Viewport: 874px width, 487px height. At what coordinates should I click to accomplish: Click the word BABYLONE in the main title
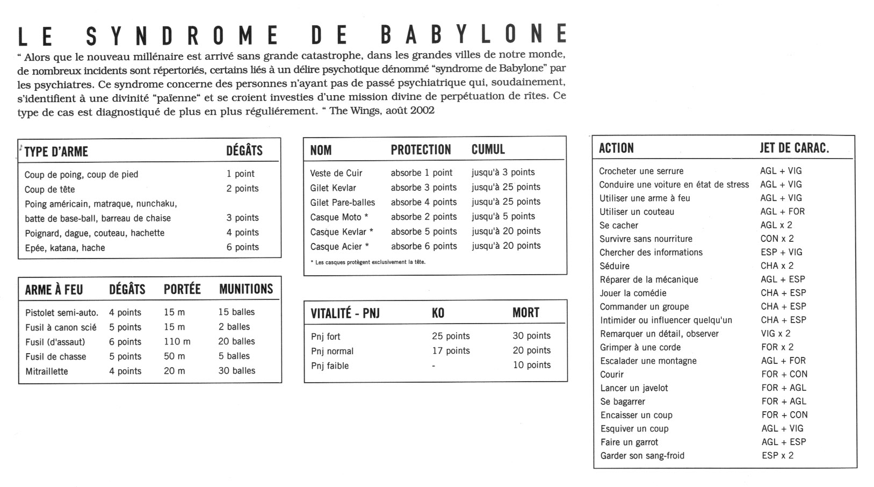(x=473, y=34)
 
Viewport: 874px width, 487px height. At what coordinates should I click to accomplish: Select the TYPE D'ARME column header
(x=56, y=151)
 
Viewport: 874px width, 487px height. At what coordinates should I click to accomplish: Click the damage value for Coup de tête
(x=242, y=189)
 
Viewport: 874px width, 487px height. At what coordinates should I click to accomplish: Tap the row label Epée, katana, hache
(x=65, y=248)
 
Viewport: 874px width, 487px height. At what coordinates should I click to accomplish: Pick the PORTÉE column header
(x=182, y=289)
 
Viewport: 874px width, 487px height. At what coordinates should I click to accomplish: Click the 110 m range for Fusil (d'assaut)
(x=177, y=341)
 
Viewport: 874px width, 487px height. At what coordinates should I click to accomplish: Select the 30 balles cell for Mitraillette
(x=236, y=370)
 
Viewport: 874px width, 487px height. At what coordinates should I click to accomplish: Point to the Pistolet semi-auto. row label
(x=62, y=312)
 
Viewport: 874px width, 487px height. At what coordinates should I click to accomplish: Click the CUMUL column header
(x=488, y=149)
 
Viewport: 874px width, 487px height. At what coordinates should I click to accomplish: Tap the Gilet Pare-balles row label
(x=343, y=202)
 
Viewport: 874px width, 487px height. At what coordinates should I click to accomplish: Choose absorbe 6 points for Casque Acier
(x=424, y=246)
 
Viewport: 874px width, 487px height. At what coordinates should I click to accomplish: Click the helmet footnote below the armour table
(x=367, y=262)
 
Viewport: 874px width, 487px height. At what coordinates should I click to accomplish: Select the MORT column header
(x=525, y=313)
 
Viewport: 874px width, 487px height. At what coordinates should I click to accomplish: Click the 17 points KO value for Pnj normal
(x=451, y=350)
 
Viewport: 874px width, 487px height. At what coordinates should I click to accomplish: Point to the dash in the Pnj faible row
(x=434, y=366)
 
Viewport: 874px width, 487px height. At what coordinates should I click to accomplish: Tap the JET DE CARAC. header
(x=794, y=148)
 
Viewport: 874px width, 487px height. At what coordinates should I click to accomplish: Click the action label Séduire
(x=615, y=266)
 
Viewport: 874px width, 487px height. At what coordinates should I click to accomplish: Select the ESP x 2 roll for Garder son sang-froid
(x=777, y=455)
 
